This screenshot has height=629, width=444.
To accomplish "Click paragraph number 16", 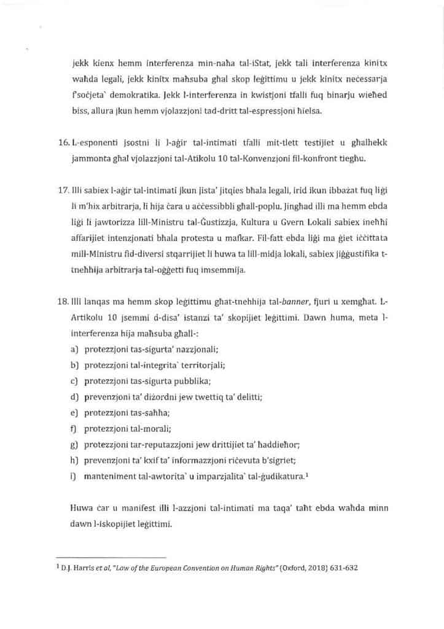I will pos(62,143).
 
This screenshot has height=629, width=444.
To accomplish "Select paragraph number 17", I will pos(62,200).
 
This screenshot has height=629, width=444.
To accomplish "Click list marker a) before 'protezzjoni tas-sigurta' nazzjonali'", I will pos(74,349).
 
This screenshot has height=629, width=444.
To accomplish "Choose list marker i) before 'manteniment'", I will pos(73,476).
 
